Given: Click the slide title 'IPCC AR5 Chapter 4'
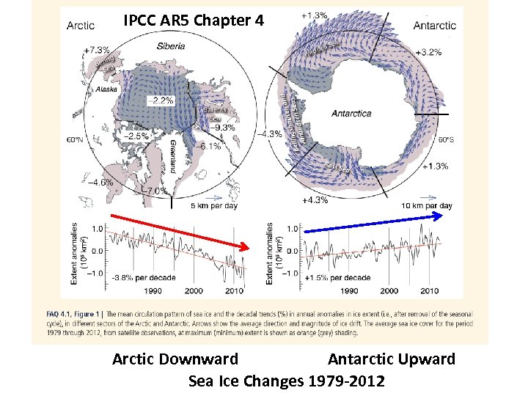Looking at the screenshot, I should [194, 21].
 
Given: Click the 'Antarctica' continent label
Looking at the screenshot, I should [351, 114].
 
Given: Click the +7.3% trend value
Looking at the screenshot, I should [97, 50].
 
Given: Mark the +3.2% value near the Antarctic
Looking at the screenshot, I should [428, 53].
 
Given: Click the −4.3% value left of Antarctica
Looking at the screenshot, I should [271, 133].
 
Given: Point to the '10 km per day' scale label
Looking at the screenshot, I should [428, 205].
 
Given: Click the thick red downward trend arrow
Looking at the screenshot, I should [180, 234].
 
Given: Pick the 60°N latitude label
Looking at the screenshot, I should [76, 139].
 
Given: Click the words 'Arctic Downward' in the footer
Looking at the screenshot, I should [175, 359].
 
